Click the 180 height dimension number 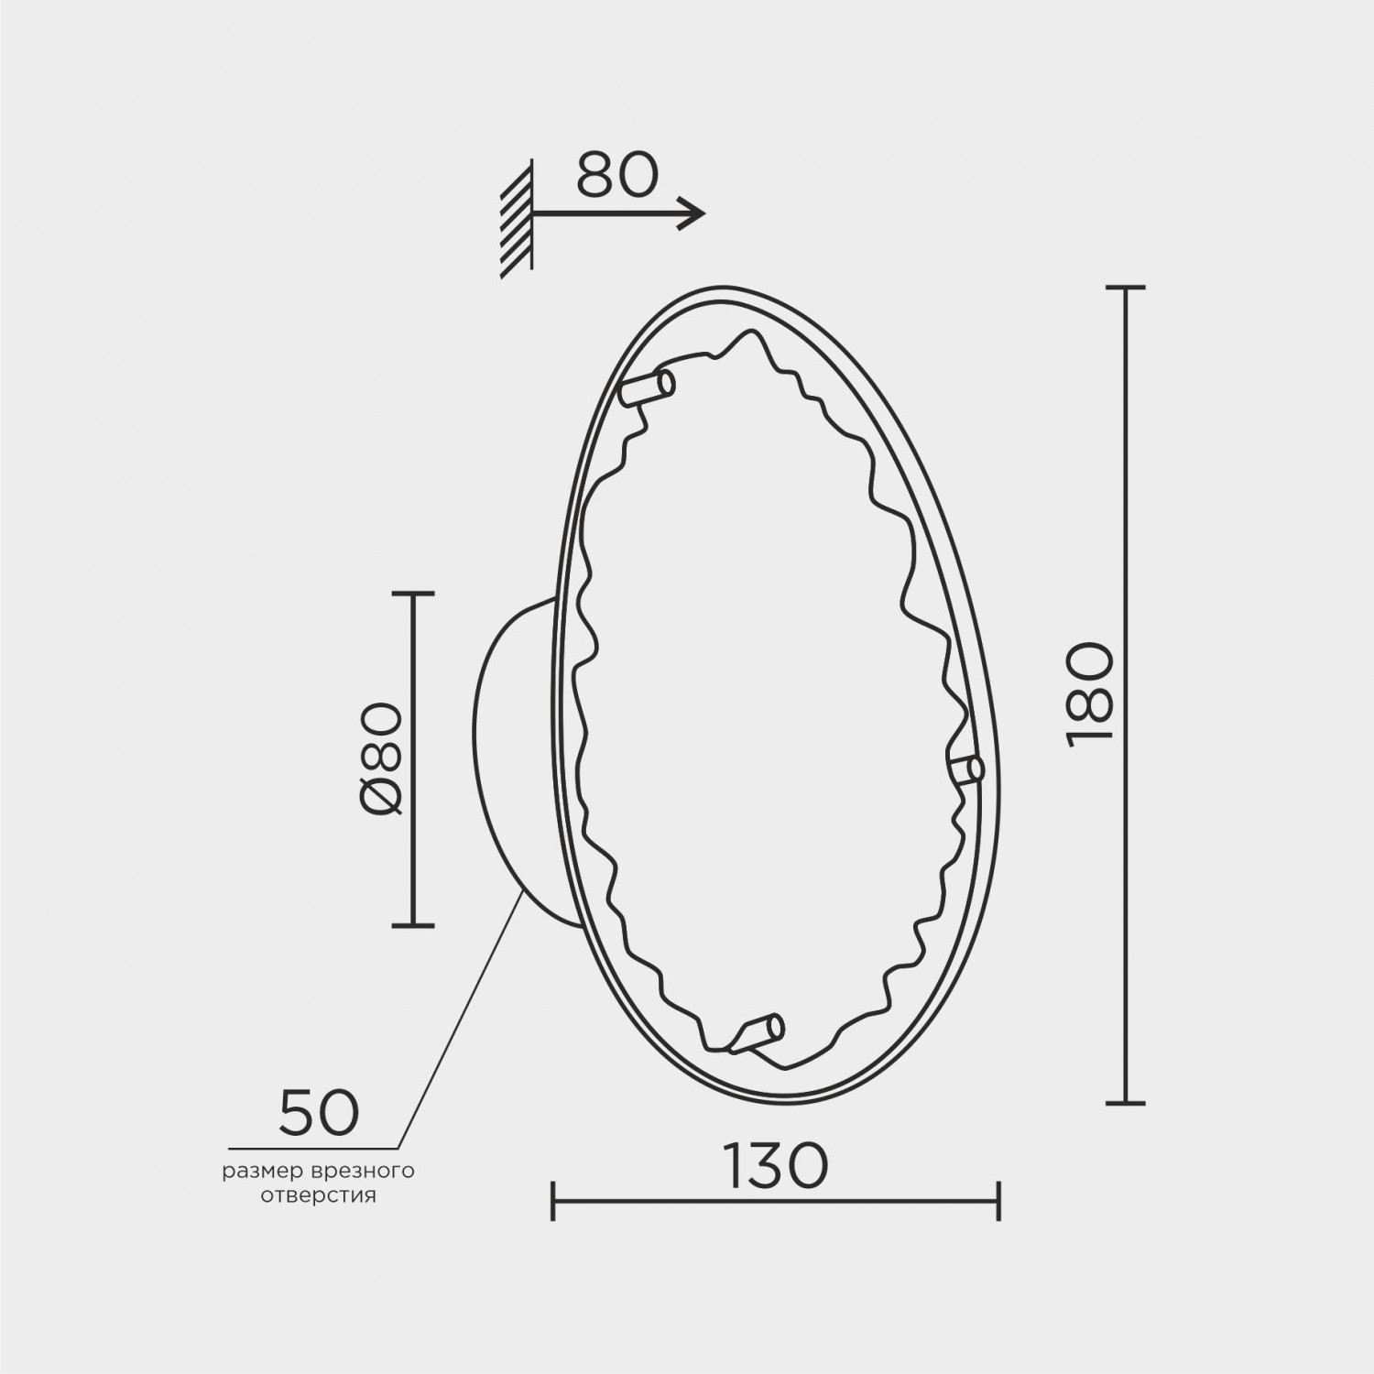[1090, 695]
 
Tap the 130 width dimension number [776, 1165]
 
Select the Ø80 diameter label [378, 758]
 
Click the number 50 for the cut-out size [319, 1111]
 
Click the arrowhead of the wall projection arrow [692, 213]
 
